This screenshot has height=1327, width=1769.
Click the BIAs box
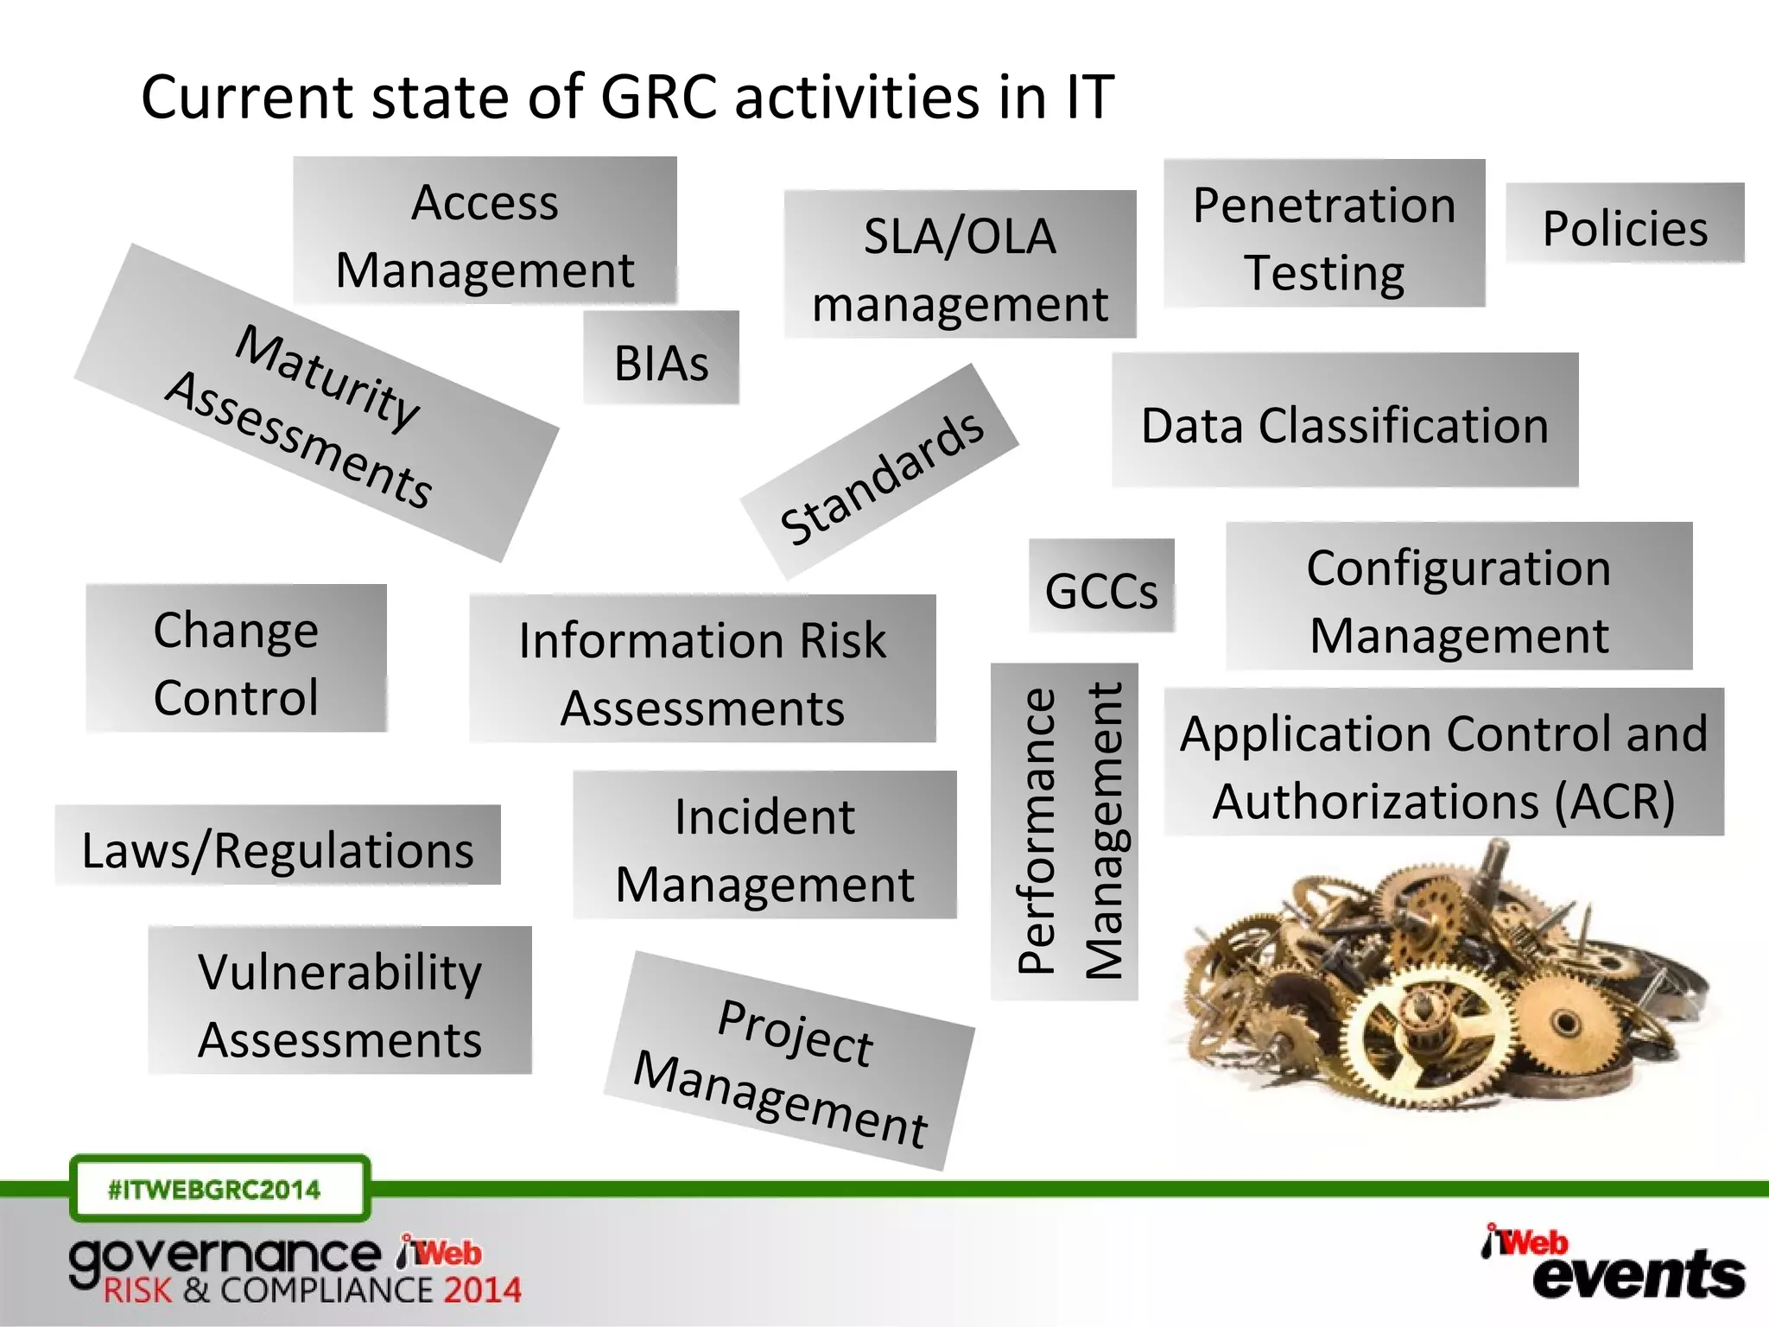pyautogui.click(x=661, y=359)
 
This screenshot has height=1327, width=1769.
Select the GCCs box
pyautogui.click(x=1101, y=587)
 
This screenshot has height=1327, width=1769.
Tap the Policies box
pyautogui.click(x=1625, y=224)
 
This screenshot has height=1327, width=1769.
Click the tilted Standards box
pyautogui.click(x=880, y=473)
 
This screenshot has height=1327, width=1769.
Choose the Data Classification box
pyautogui.click(x=1345, y=421)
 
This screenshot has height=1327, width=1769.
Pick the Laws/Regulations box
pyautogui.click(x=277, y=846)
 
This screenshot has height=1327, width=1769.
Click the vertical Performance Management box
pyautogui.click(x=1064, y=832)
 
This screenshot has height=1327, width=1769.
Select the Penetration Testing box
pyautogui.click(x=1324, y=234)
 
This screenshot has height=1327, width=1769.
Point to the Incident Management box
pyautogui.click(x=764, y=846)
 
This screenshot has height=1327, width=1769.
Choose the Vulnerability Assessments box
pyautogui.click(x=339, y=1001)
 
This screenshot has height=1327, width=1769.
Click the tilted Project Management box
pyautogui.click(x=788, y=1062)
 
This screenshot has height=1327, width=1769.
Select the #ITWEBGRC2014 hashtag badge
pyautogui.click(x=219, y=1190)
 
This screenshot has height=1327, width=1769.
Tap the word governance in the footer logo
pyautogui.click(x=225, y=1258)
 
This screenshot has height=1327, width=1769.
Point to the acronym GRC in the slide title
pyautogui.click(x=658, y=96)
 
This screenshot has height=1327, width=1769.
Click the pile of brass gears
pyautogui.click(x=1442, y=985)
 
